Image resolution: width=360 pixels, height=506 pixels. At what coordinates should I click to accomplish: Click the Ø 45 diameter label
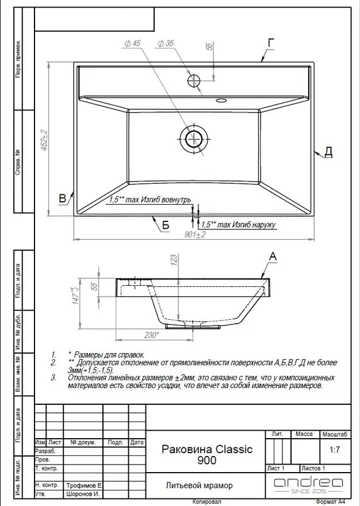click(x=132, y=43)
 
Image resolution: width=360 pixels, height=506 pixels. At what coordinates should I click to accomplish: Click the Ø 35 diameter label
click(x=165, y=43)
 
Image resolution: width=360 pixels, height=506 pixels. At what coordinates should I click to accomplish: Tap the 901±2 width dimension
click(x=195, y=235)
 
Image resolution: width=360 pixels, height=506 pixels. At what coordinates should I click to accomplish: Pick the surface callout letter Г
click(x=271, y=42)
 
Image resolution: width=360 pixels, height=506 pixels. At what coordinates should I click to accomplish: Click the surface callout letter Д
click(x=328, y=151)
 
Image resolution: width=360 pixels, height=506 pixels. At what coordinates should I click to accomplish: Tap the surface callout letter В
click(x=63, y=200)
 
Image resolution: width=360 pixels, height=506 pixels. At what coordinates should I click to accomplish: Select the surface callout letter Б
click(x=166, y=225)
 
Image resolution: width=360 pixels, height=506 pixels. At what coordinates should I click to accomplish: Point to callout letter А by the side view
click(x=273, y=256)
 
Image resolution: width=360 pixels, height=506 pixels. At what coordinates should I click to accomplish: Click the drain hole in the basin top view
click(x=193, y=139)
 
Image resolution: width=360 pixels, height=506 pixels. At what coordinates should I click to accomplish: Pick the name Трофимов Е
click(x=83, y=485)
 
